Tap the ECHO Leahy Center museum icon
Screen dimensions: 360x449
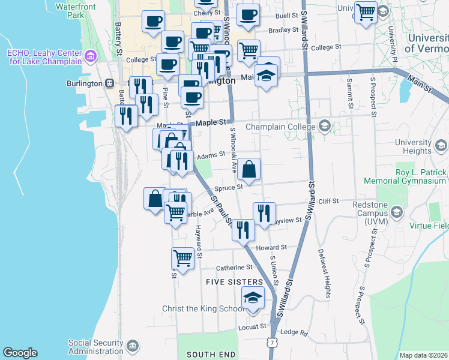click(91, 57)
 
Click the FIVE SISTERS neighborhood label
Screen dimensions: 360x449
click(234, 281)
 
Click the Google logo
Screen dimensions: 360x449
click(20, 353)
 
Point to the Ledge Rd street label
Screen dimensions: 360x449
click(294, 332)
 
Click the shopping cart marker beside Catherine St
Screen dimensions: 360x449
click(183, 258)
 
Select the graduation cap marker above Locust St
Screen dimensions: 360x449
click(253, 298)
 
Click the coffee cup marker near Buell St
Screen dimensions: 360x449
click(248, 15)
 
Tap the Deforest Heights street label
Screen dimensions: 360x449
click(325, 273)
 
